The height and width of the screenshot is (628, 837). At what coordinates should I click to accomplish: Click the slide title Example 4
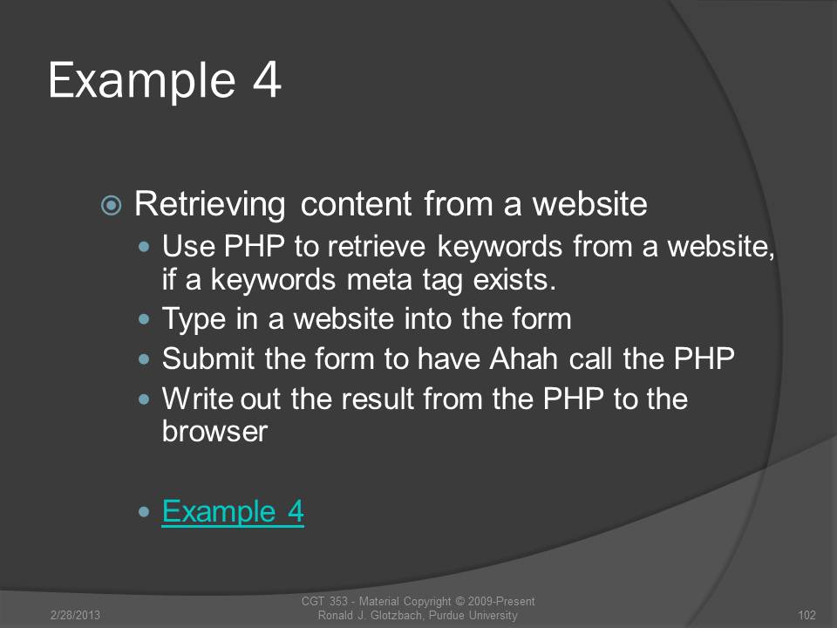pyautogui.click(x=165, y=81)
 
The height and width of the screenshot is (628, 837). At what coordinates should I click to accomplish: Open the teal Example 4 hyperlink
pyautogui.click(x=233, y=512)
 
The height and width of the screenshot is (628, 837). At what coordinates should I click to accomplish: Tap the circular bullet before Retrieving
pyautogui.click(x=111, y=205)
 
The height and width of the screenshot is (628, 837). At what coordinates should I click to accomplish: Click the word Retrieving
pyautogui.click(x=210, y=205)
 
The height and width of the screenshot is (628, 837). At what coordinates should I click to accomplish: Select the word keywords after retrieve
pyautogui.click(x=500, y=248)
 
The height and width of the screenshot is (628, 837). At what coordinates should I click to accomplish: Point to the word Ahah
pyautogui.click(x=524, y=358)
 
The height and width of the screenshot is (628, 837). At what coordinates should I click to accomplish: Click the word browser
pyautogui.click(x=214, y=432)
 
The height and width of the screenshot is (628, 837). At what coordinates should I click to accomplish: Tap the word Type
pyautogui.click(x=194, y=320)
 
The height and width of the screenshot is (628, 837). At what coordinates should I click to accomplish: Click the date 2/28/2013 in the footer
pyautogui.click(x=75, y=615)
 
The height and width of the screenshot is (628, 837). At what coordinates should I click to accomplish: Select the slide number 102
pyautogui.click(x=806, y=615)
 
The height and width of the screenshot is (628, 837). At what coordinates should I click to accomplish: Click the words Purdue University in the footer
pyautogui.click(x=473, y=615)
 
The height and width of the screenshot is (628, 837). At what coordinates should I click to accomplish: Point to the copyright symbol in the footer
pyautogui.click(x=459, y=601)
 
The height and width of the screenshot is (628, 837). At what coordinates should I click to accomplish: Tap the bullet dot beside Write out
pyautogui.click(x=144, y=399)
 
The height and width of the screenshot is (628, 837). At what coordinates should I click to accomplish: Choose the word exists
pyautogui.click(x=514, y=279)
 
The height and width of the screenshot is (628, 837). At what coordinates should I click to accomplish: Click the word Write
pyautogui.click(x=198, y=399)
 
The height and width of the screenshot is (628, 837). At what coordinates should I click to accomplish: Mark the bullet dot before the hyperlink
pyautogui.click(x=144, y=512)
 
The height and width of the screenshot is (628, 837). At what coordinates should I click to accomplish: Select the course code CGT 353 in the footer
pyautogui.click(x=324, y=601)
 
